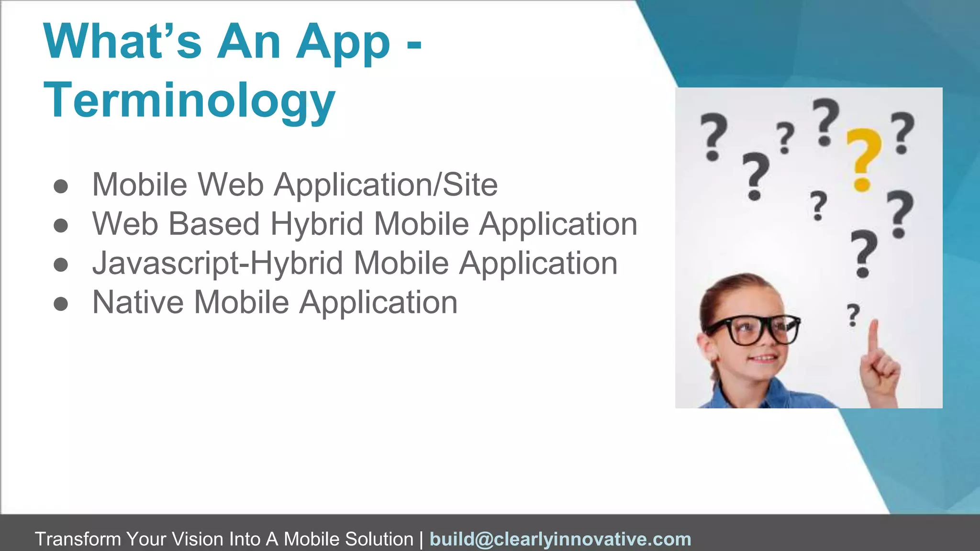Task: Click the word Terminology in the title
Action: [x=189, y=100]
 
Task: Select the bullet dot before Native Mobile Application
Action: [x=61, y=303]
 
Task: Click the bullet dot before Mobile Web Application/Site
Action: [x=61, y=186]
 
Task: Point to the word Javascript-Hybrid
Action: [x=218, y=264]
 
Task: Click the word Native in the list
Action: [x=138, y=302]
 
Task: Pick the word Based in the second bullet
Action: [x=214, y=224]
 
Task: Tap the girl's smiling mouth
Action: [x=764, y=359]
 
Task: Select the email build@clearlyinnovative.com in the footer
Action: [x=560, y=539]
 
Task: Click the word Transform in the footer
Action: [x=78, y=539]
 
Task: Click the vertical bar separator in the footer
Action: [x=421, y=539]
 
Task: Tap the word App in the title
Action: [x=343, y=43]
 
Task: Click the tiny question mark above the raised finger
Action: [x=853, y=315]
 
